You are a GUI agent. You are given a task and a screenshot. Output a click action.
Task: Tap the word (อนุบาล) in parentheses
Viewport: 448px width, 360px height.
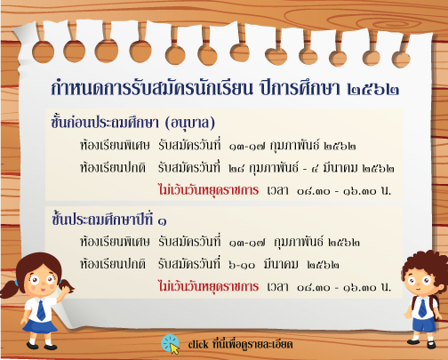(190, 123)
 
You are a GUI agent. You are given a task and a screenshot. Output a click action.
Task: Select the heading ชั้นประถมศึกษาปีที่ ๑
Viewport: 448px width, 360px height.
(108, 220)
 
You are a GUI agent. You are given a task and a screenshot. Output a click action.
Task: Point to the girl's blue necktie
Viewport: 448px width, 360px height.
(41, 310)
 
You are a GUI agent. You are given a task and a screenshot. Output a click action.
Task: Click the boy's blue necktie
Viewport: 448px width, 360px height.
(422, 308)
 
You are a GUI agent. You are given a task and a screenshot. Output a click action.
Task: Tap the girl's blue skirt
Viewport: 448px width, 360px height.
(40, 326)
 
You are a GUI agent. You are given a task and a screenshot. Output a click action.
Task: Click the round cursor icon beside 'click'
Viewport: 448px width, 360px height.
(171, 344)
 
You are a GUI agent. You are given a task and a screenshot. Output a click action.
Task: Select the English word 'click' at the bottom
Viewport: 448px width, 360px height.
(198, 344)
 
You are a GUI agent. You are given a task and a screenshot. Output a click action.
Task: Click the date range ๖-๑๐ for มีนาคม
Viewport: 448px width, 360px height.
(242, 265)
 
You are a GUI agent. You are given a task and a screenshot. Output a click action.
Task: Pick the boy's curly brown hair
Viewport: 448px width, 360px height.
(426, 265)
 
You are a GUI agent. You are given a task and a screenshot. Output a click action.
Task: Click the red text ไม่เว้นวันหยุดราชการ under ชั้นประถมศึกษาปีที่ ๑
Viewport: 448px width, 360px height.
(208, 286)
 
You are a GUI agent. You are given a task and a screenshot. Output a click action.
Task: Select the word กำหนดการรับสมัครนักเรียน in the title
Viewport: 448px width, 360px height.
(151, 88)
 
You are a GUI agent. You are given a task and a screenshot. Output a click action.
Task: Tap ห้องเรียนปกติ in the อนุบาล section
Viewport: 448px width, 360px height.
(113, 167)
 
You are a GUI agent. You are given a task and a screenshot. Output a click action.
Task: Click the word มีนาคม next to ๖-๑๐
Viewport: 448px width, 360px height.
(281, 264)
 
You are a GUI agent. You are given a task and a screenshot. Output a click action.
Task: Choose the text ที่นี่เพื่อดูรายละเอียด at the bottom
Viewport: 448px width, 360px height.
(252, 344)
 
